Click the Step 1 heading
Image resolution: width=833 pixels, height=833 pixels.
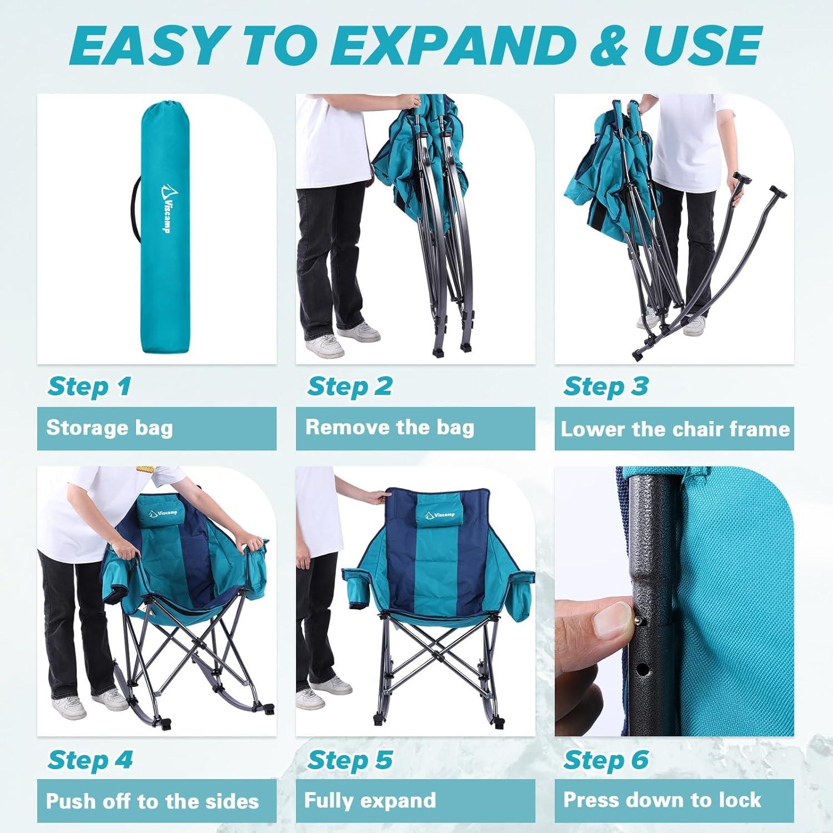point(89,386)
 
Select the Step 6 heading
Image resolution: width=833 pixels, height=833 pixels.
point(606,760)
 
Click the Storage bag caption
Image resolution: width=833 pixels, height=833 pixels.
point(109,428)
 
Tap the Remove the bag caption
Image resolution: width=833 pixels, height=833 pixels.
point(390,428)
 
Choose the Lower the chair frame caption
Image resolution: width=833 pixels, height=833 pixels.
point(675,429)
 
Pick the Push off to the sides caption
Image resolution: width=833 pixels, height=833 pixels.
point(152,801)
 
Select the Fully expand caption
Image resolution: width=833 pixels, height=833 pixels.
point(370,800)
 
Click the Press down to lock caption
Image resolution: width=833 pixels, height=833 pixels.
point(662,800)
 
